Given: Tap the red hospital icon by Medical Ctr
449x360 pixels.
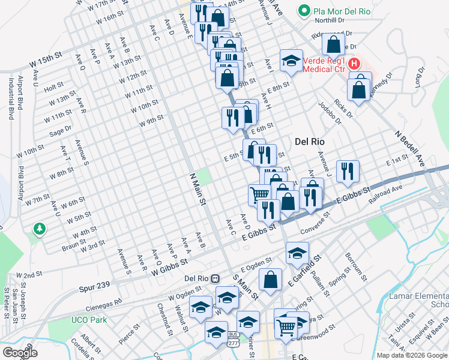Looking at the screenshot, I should (x=354, y=63).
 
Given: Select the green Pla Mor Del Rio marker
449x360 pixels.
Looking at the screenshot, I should (x=304, y=10).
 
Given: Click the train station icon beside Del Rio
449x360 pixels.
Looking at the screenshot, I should (x=215, y=278).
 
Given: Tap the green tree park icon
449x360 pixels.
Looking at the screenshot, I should (x=40, y=229).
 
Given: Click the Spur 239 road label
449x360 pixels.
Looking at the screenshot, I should (x=94, y=289).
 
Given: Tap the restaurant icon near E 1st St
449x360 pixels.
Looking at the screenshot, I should (x=348, y=171).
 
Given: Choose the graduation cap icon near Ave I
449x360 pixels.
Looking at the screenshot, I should (x=291, y=60).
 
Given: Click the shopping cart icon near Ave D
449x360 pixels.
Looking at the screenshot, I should (x=259, y=194).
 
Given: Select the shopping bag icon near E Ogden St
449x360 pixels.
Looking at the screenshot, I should (x=271, y=279).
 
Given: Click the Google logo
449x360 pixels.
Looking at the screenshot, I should (x=20, y=353).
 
